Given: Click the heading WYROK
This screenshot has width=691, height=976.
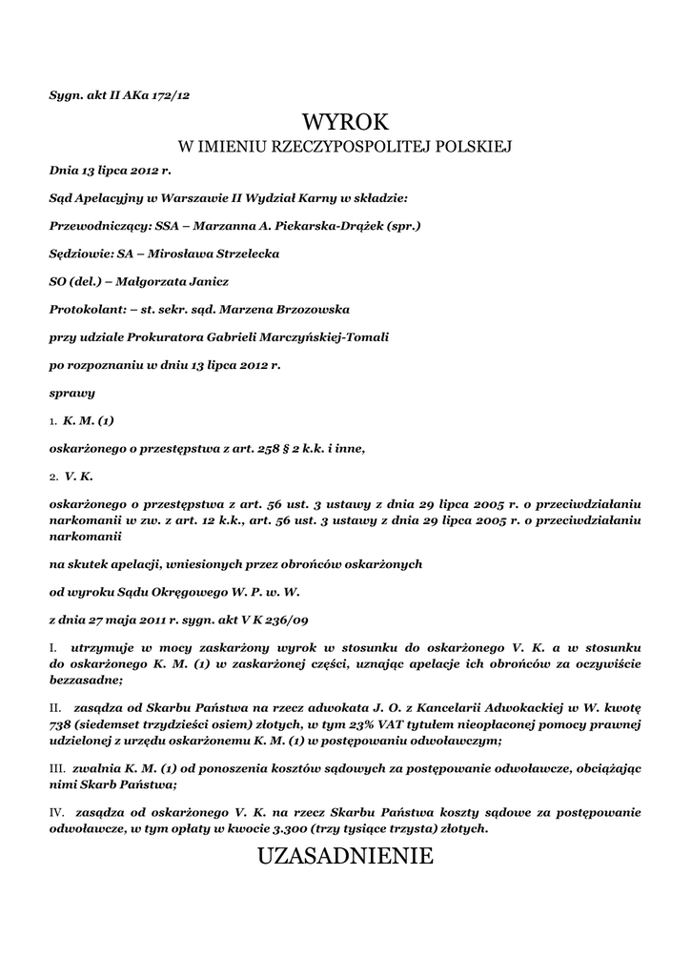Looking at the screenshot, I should [345, 122].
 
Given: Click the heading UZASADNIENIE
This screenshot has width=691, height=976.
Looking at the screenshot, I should [345, 857].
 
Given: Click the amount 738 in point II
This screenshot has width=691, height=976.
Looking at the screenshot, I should [61, 725].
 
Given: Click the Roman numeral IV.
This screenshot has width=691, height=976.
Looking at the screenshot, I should [56, 813].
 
